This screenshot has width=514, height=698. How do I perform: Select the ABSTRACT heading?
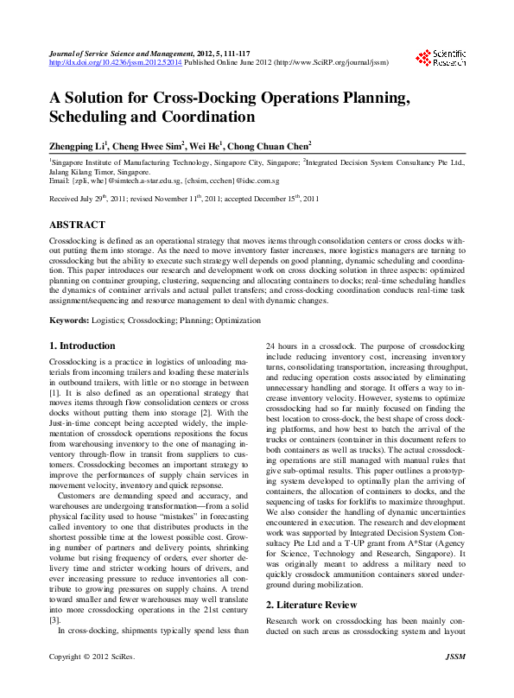[x=77, y=224]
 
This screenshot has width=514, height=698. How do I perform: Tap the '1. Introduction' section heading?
[x=82, y=346]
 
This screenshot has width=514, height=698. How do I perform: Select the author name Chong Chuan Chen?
[x=269, y=147]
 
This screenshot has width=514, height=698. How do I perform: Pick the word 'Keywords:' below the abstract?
[x=69, y=320]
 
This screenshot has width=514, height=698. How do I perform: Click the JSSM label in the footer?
[x=454, y=682]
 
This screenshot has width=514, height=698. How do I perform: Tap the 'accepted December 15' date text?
[x=275, y=199]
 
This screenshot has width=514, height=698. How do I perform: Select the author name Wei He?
[x=207, y=147]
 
